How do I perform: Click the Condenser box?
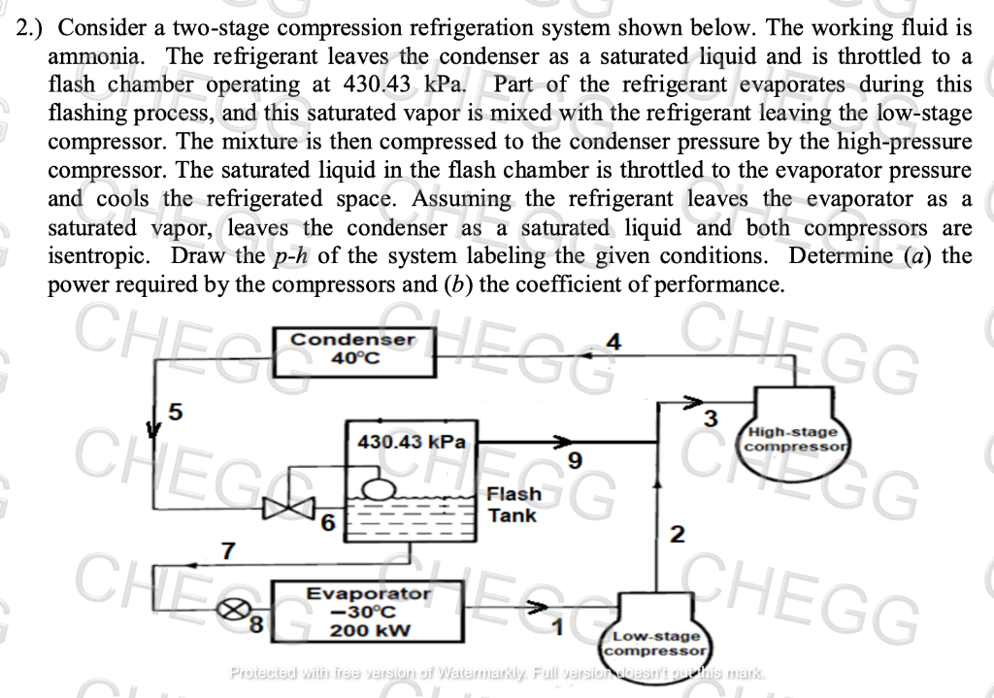(x=355, y=350)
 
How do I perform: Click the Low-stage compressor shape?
(x=657, y=639)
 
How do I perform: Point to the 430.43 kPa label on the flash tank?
(x=411, y=441)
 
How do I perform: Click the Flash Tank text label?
(x=514, y=505)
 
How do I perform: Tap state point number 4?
(x=612, y=342)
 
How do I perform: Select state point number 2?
(x=678, y=534)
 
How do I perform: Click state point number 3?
(x=710, y=419)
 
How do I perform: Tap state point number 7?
(x=229, y=550)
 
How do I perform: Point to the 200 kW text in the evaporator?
(x=369, y=629)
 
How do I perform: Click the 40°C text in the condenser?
(x=355, y=359)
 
